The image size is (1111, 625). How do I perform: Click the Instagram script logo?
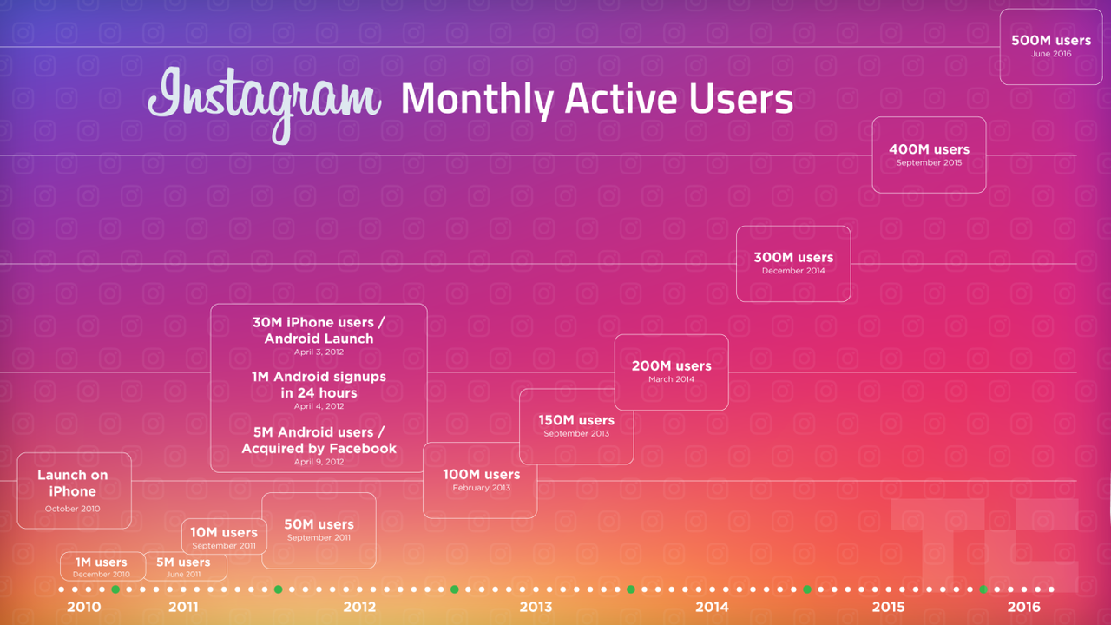[265, 104]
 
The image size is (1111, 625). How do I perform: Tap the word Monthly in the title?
[477, 100]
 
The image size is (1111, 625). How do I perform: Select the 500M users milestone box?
[1051, 47]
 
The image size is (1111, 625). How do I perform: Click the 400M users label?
[929, 149]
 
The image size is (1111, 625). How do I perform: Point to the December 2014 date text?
[793, 271]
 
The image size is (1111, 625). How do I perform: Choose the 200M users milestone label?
[671, 366]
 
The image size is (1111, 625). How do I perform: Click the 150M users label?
[576, 420]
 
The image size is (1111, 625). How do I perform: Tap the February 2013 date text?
[481, 488]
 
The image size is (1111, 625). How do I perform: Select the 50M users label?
[319, 524]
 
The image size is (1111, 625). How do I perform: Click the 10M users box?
[224, 536]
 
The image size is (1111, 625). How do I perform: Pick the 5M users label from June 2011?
[183, 562]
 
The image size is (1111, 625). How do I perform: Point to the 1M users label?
[102, 562]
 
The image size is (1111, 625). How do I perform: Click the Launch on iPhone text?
[72, 484]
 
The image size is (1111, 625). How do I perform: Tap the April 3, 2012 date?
[319, 352]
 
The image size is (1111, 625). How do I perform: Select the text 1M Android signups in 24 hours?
[319, 385]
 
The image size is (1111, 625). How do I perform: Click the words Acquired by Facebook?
[319, 449]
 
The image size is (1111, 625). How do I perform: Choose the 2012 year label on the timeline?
[359, 607]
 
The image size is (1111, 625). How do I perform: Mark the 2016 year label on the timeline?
[1023, 607]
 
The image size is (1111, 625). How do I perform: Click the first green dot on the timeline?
[115, 589]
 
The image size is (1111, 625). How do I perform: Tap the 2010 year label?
[84, 607]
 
